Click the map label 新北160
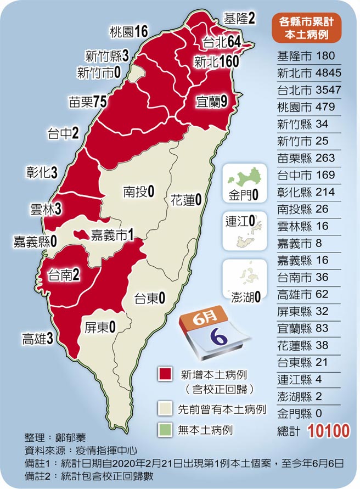coord(216,61)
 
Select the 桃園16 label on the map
coord(128,32)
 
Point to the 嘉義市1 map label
coord(112,234)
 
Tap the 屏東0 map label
coord(99,328)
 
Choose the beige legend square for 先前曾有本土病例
coord(164,408)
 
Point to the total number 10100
coord(329,431)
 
